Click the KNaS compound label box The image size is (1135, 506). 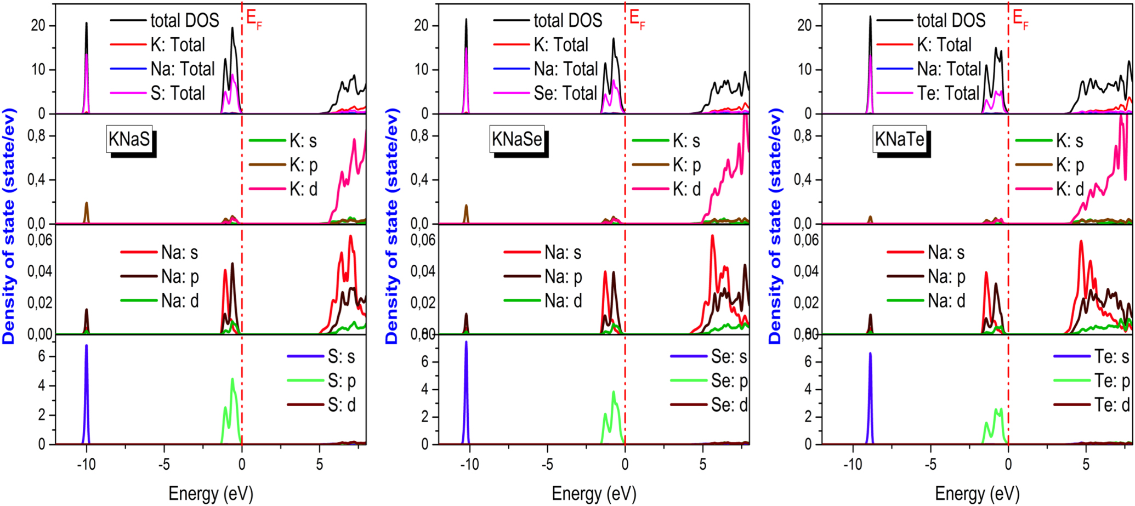(129, 139)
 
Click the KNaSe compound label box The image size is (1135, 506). (517, 139)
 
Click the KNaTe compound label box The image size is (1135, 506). (899, 139)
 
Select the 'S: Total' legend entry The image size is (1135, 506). (177, 93)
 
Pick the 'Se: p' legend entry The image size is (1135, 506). (729, 380)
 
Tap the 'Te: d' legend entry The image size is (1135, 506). (1111, 405)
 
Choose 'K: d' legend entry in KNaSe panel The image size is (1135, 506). (686, 189)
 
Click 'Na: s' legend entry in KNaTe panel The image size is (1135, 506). (946, 253)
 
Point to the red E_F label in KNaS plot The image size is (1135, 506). (253, 19)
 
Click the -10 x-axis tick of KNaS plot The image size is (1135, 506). (86, 465)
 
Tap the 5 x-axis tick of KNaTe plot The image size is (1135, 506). (1086, 465)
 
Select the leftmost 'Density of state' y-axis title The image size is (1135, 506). (9, 226)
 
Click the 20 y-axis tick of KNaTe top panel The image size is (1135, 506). (804, 26)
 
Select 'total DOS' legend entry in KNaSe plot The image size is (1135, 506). (567, 21)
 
